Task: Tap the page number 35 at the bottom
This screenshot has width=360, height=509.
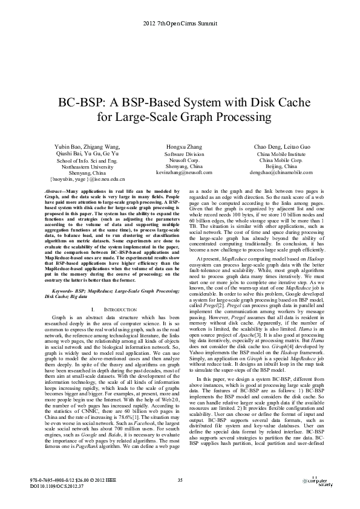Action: pos(180,479)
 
